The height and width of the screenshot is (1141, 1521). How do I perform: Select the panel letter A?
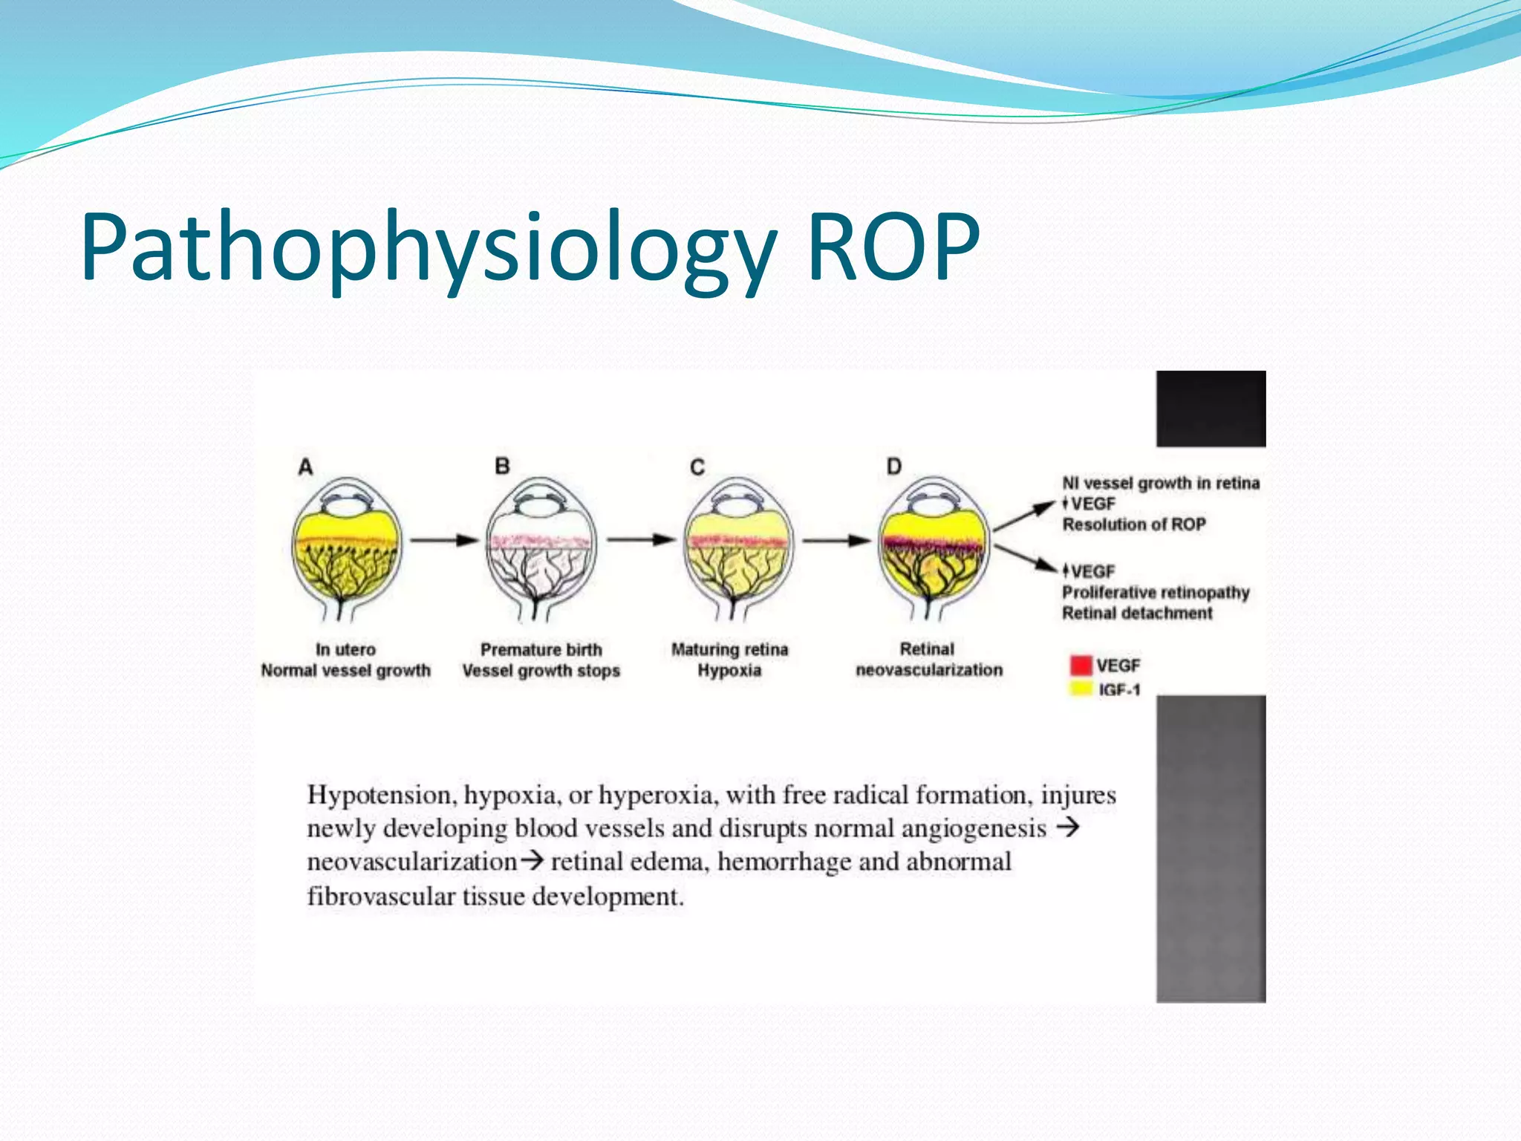[x=305, y=467]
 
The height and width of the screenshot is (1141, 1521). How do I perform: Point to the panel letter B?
[x=502, y=467]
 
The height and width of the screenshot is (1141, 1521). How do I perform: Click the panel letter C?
[x=697, y=467]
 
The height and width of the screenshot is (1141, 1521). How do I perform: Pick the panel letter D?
[x=893, y=467]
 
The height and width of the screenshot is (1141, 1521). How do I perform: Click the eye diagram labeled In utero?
[x=346, y=548]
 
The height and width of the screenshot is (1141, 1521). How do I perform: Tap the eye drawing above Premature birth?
[x=541, y=548]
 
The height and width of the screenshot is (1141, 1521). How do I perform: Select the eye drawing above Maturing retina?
[x=738, y=548]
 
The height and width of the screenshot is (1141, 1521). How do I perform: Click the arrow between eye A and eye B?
[x=444, y=540]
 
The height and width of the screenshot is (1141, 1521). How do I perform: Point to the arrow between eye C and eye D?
[x=836, y=540]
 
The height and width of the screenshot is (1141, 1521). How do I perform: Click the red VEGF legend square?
[x=1081, y=665]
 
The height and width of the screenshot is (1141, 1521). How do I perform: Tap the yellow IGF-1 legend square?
[x=1081, y=689]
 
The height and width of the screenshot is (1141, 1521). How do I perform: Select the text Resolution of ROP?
[x=1134, y=524]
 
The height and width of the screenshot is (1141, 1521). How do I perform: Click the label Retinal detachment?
[x=1136, y=614]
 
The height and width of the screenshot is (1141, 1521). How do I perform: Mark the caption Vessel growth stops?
[x=541, y=671]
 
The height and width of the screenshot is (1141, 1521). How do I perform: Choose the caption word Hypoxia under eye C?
[x=729, y=671]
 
